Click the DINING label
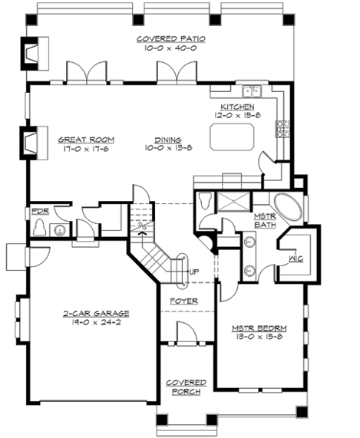point(167,140)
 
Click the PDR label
point(40,210)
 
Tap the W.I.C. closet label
point(297,259)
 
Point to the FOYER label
point(184,301)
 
